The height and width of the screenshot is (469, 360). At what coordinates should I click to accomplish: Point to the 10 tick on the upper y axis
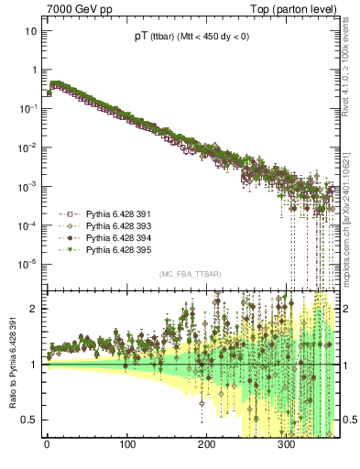pos(31,30)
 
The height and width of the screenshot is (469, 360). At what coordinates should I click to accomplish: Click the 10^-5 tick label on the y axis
pos(28,264)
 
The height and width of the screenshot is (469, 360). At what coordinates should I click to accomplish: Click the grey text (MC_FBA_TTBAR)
pos(190,274)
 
